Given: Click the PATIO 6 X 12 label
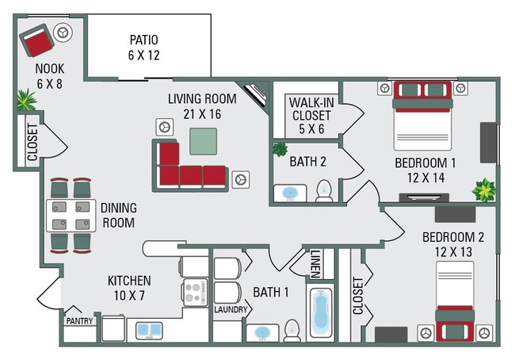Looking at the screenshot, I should point(143,48).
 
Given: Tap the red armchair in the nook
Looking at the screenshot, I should point(36,40).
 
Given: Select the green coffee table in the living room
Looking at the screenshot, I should point(203,141).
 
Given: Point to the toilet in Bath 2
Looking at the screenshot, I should point(323,191).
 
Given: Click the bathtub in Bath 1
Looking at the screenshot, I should point(320,314).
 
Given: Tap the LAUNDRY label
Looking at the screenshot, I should point(231,310).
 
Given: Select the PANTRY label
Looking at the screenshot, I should point(79,321).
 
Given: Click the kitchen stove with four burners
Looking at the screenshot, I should point(194,291).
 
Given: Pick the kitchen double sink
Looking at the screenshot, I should point(148,330).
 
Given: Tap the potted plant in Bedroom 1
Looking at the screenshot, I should point(483,190).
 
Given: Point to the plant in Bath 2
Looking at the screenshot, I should point(280,149).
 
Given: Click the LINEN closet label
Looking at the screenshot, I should point(315,264).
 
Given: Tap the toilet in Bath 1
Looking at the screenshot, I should point(292,330).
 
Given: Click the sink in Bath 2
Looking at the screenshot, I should point(290,193).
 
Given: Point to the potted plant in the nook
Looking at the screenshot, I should point(26,100).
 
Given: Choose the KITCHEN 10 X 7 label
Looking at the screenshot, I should point(129,289).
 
